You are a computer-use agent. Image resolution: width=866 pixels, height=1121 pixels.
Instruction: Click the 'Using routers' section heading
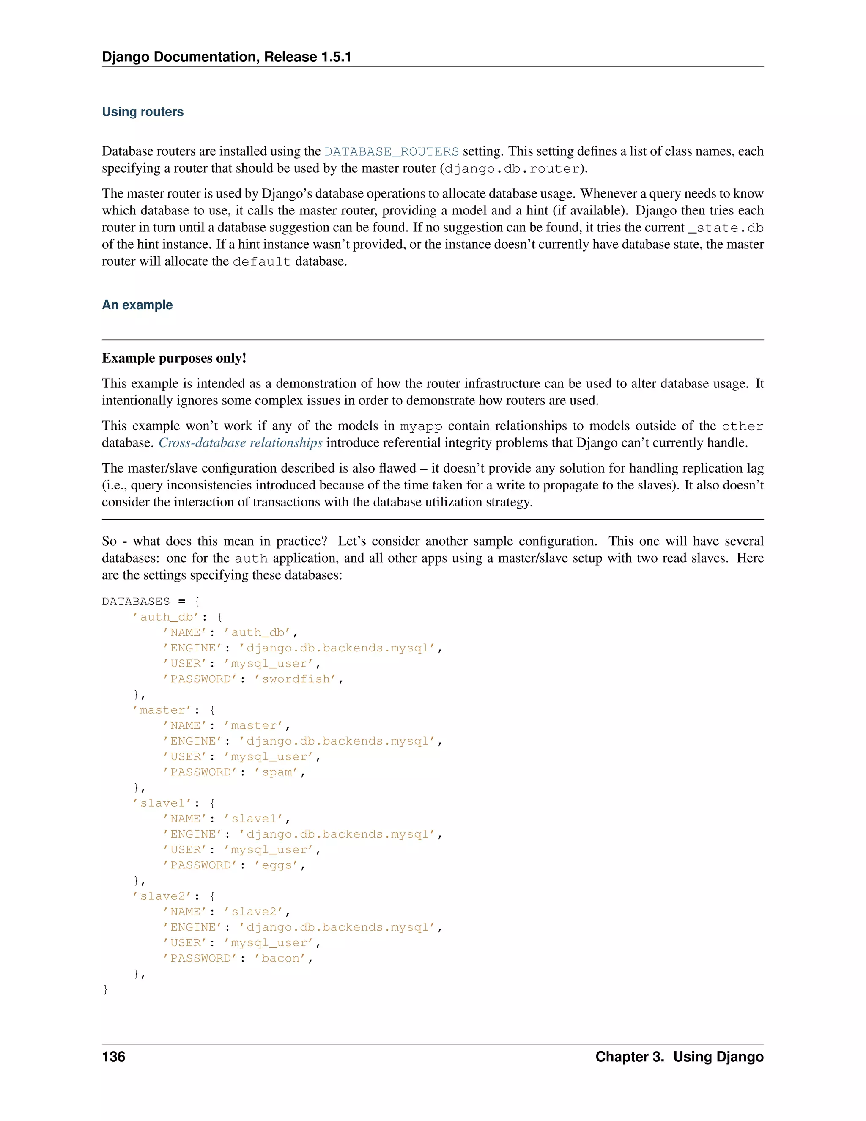143,112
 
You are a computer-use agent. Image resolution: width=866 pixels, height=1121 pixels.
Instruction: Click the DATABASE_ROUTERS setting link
392,151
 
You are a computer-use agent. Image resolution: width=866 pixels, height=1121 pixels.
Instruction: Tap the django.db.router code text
512,169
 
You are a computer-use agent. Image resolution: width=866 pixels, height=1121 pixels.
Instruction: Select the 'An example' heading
137,305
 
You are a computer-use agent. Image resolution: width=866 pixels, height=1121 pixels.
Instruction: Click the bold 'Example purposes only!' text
174,358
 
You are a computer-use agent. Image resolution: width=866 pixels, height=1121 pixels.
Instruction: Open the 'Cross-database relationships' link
240,443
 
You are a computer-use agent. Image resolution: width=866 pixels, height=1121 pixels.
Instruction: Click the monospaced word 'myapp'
421,426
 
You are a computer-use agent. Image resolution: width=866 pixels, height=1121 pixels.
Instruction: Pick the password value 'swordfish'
296,679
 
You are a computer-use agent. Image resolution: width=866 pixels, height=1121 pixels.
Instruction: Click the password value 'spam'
277,772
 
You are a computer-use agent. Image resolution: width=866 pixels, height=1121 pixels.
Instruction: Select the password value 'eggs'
277,865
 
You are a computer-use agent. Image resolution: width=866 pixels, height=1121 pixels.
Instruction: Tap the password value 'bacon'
281,958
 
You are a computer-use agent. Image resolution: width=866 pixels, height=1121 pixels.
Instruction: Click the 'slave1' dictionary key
162,803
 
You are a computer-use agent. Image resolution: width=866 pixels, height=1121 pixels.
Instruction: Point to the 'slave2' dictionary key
162,896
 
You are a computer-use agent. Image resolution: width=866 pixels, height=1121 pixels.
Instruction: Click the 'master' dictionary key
162,710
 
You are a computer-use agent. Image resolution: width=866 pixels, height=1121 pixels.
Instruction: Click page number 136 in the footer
113,1057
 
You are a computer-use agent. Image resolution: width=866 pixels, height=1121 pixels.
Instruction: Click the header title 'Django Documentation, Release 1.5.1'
226,57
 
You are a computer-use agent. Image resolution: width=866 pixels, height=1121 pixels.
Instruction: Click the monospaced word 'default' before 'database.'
262,262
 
